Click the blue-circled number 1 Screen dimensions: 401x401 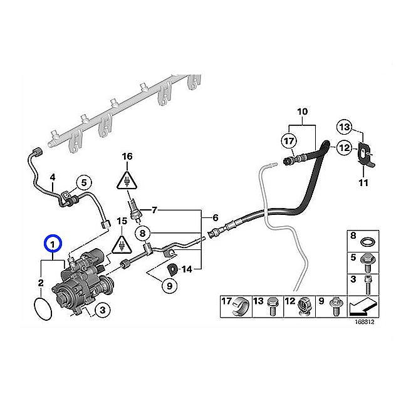pos(53,244)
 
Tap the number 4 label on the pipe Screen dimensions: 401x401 pos(53,177)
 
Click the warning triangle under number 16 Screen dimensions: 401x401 pos(127,180)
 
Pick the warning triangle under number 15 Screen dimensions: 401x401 pos(122,244)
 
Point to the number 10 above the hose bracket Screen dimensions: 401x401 pos(302,112)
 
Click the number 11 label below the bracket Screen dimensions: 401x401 pos(363,183)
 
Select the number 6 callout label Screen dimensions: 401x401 pos(216,217)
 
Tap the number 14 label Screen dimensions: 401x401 pos(187,269)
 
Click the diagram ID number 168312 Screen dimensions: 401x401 pos(364,321)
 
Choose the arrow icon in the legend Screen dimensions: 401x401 pos(363,306)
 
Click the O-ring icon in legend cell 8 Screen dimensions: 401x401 pos(368,242)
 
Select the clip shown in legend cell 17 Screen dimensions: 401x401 pos(240,306)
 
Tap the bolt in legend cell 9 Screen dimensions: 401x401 pos(335,307)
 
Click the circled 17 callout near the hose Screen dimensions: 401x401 pos(289,141)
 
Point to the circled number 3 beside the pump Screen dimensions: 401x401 pos(102,310)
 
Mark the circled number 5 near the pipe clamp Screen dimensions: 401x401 pos(84,182)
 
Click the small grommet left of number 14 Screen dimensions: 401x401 pos(172,269)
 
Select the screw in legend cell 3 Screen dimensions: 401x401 pos(368,284)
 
